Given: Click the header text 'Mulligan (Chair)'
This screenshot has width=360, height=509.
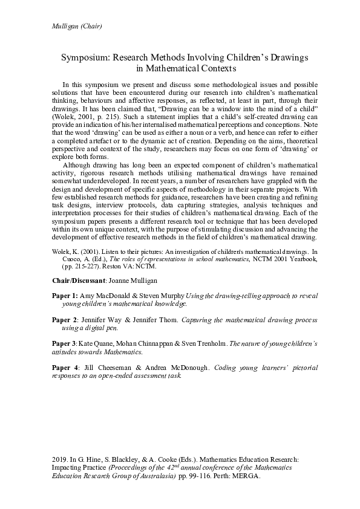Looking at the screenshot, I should [72, 26].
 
